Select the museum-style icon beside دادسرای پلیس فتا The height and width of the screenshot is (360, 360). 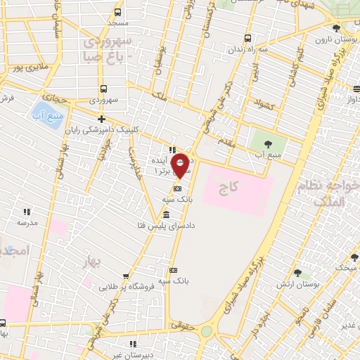[166, 214]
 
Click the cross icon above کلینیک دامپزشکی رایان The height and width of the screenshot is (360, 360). [103, 119]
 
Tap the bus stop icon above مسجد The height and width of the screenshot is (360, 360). [118, 12]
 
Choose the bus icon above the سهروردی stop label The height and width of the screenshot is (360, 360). [103, 89]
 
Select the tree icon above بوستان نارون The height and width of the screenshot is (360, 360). [336, 28]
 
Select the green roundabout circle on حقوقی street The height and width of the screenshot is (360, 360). [207, 331]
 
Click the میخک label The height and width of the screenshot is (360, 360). [345, 268]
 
